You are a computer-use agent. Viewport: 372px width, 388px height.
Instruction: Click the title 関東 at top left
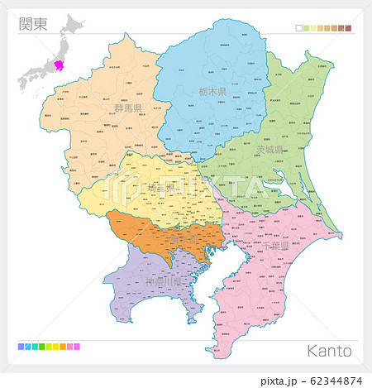click(x=32, y=22)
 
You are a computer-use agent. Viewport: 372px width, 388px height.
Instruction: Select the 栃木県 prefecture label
click(x=212, y=92)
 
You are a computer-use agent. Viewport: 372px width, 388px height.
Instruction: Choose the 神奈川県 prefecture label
click(x=162, y=281)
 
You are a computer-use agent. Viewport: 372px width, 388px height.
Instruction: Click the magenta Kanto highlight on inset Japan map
click(x=60, y=66)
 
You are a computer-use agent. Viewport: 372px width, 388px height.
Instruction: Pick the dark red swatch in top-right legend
click(x=349, y=28)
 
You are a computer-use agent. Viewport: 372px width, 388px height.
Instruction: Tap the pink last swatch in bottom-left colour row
click(x=77, y=346)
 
